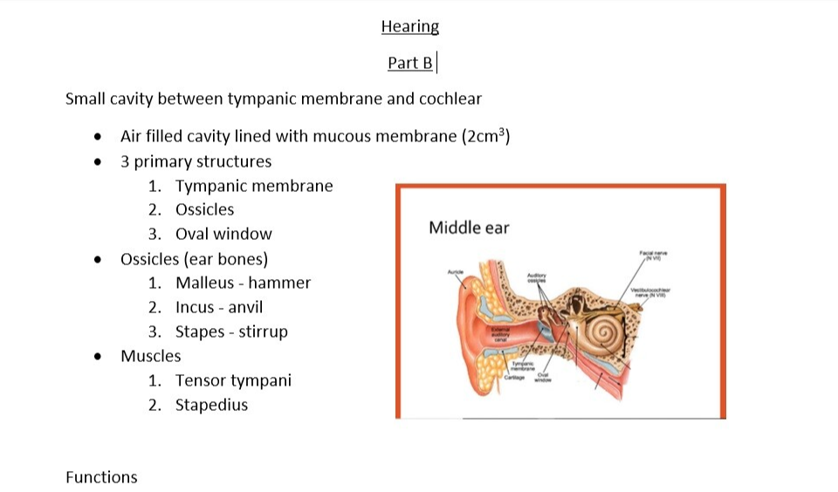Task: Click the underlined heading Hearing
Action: pyautogui.click(x=409, y=26)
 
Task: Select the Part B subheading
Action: pyautogui.click(x=409, y=63)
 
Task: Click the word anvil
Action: pyautogui.click(x=245, y=307)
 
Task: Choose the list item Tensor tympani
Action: pyautogui.click(x=233, y=380)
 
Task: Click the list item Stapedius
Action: pyautogui.click(x=211, y=405)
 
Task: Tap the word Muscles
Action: pyautogui.click(x=151, y=356)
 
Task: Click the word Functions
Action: pyautogui.click(x=101, y=477)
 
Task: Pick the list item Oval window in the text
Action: pyautogui.click(x=223, y=234)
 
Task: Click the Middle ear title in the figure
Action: pyautogui.click(x=469, y=228)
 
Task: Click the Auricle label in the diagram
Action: pyautogui.click(x=454, y=272)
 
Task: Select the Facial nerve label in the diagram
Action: pyautogui.click(x=653, y=255)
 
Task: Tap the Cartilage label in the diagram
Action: pyautogui.click(x=514, y=378)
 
